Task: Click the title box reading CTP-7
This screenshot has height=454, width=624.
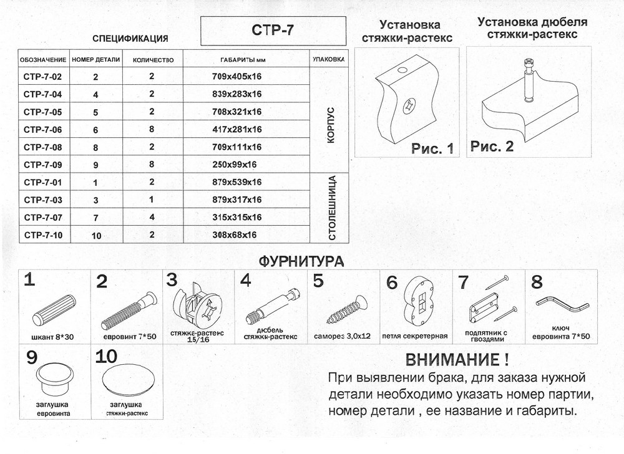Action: (273, 31)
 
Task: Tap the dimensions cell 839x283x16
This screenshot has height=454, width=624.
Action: (232, 94)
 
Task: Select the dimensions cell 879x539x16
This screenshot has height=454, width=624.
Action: (232, 182)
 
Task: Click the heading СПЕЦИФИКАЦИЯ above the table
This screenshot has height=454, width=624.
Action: (130, 39)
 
